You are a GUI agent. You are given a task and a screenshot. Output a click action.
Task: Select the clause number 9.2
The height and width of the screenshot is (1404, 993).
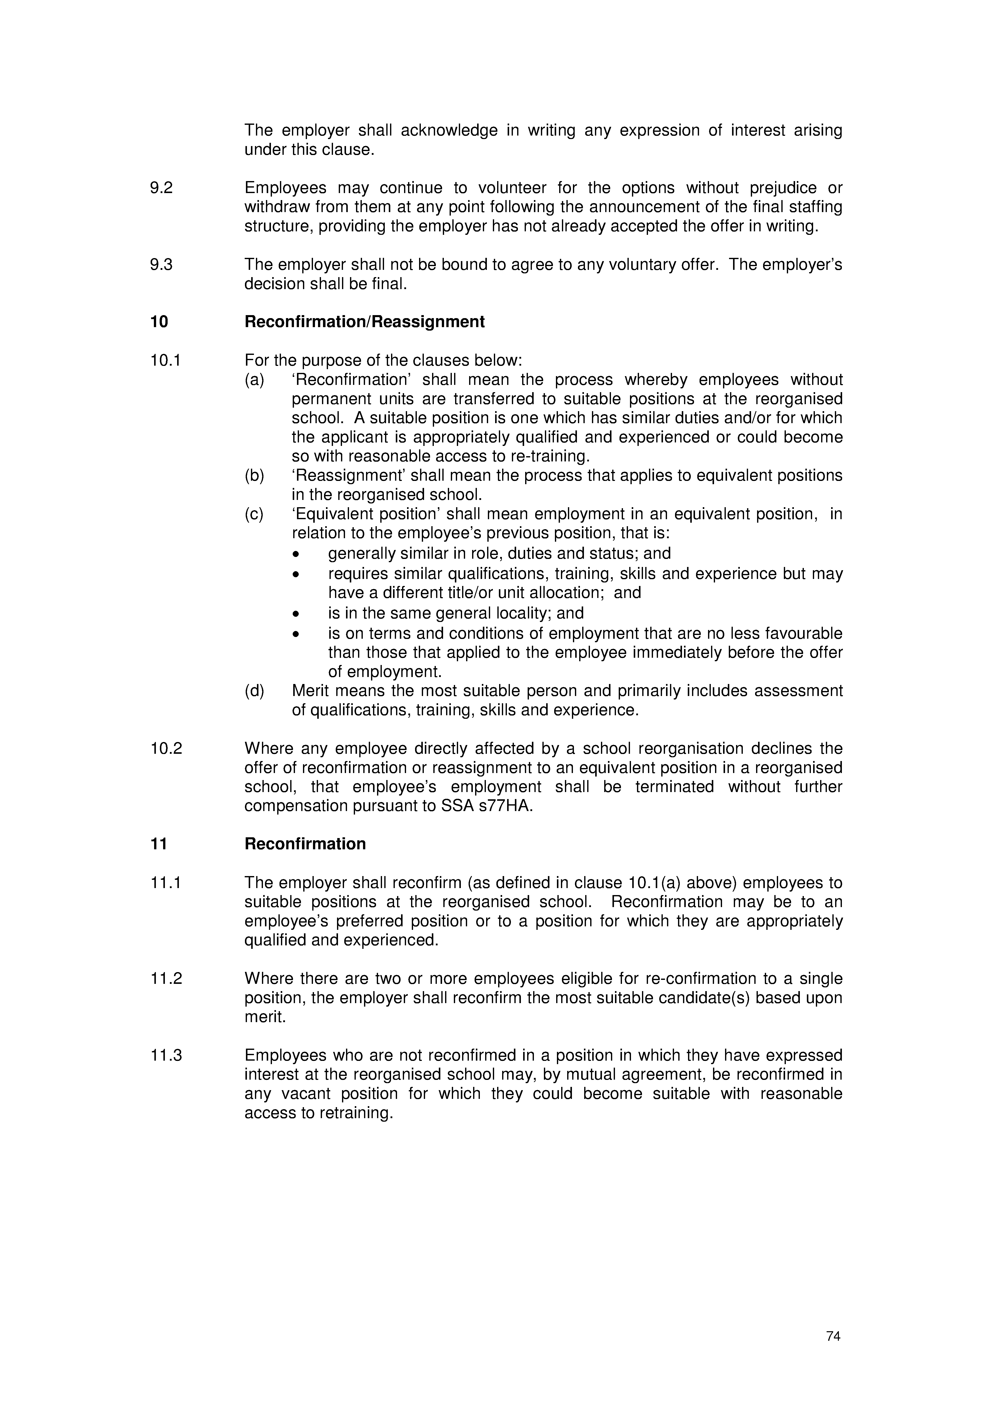[x=162, y=188]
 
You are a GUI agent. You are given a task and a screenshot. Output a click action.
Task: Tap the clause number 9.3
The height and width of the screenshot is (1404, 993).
[x=162, y=265]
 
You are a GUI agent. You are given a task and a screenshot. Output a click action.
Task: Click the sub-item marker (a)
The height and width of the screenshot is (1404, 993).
[x=254, y=380]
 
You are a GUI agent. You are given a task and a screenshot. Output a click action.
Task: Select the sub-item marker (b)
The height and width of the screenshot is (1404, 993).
[x=254, y=476]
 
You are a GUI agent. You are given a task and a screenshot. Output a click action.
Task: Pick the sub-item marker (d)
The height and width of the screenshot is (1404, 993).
[x=254, y=691]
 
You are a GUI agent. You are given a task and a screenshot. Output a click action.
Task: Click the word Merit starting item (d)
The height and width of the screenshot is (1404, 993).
[x=311, y=691]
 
